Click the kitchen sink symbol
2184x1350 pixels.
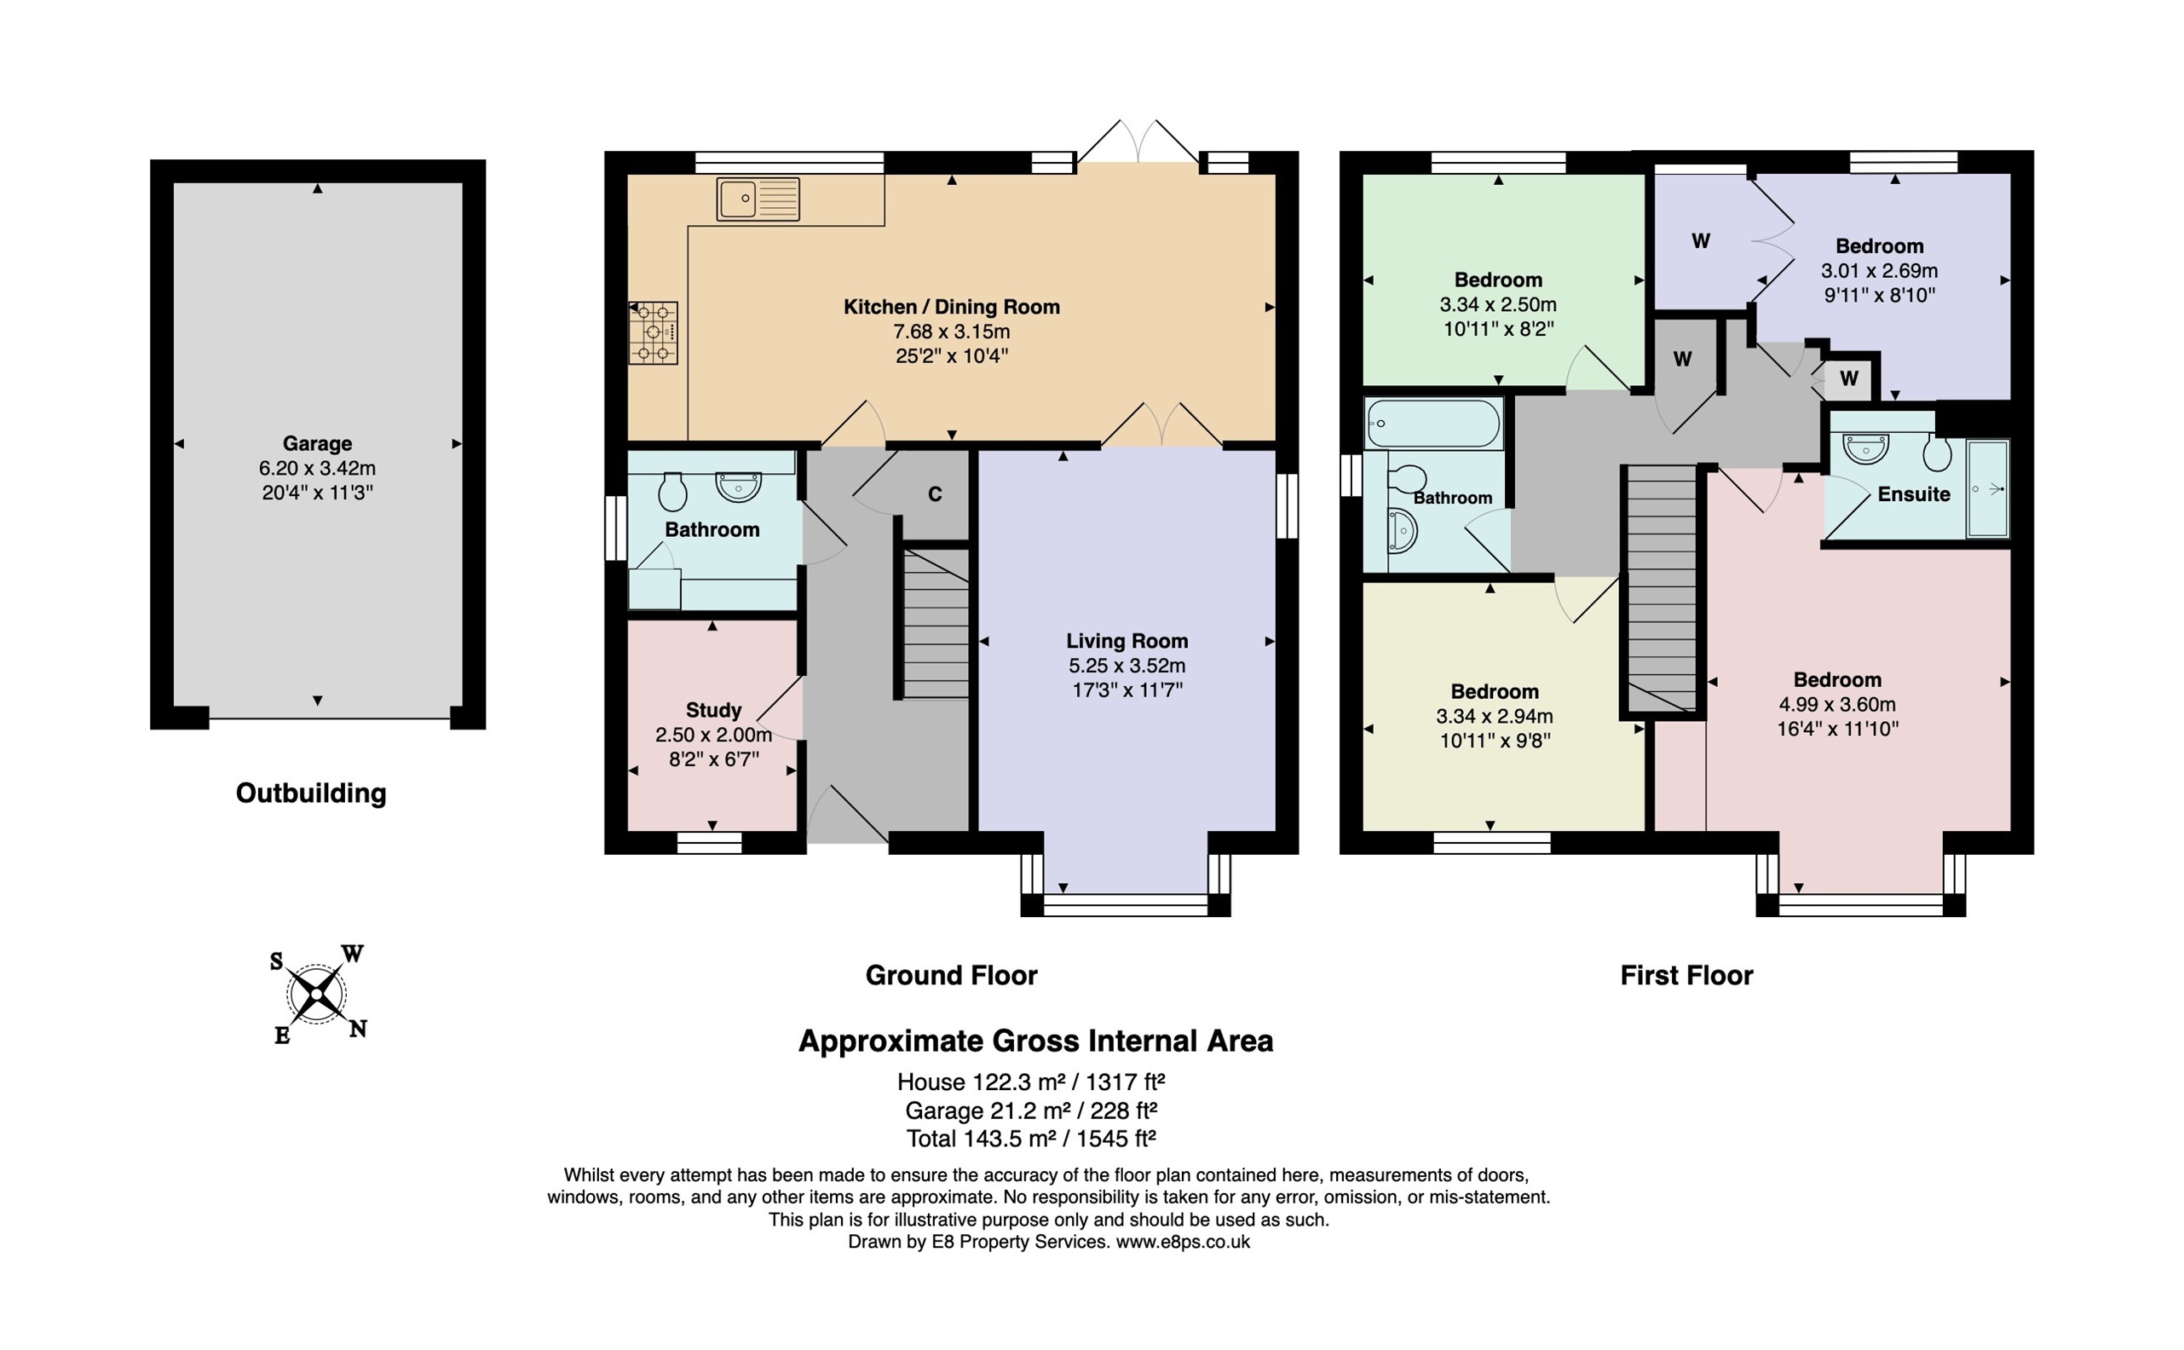758,199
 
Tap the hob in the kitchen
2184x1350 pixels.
654,333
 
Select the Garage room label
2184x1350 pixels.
317,443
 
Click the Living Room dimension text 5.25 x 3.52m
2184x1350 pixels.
1127,665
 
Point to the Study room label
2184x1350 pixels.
713,710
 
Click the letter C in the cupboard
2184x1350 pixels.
935,493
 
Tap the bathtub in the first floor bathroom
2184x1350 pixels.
1432,424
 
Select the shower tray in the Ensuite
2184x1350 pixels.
1988,488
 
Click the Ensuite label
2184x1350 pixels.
1914,493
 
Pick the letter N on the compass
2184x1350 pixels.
358,1030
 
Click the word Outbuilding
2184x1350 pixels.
310,793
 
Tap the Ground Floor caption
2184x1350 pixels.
952,975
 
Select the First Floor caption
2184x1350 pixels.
1686,975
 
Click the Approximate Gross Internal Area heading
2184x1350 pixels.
1035,1041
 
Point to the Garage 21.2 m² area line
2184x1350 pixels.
1031,1111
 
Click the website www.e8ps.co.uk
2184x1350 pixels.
1183,1242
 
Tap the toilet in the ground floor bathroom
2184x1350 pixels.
672,490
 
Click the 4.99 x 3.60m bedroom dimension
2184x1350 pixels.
1837,705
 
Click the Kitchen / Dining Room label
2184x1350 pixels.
952,307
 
